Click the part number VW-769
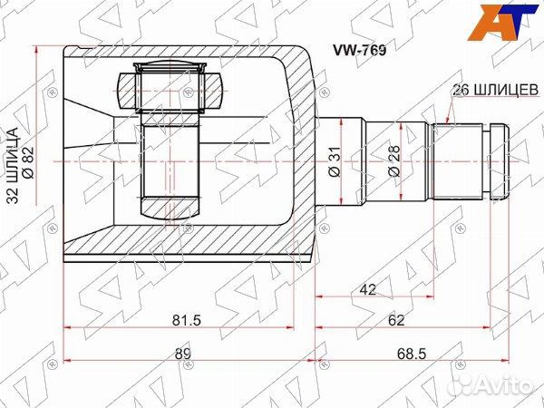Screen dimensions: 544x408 point(359,51)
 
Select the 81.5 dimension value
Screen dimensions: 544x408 point(187,320)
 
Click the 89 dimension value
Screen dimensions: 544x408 point(183,354)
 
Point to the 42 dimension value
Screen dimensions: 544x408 point(368,289)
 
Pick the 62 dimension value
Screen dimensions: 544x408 point(396,320)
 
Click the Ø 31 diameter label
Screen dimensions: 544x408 point(335,161)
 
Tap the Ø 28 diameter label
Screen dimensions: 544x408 point(394,161)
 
